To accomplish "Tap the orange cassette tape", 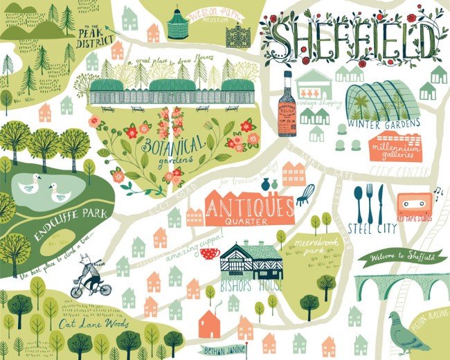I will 414,204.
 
